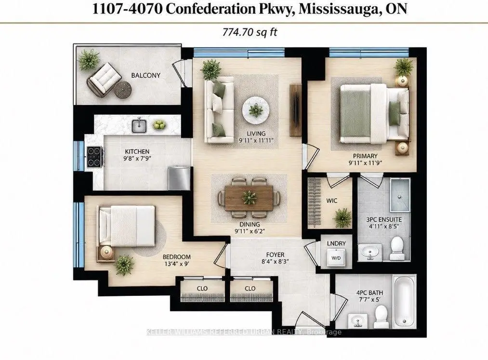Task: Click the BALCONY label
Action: pos(145,75)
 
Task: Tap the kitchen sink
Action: pos(139,125)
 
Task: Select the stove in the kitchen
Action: pos(95,157)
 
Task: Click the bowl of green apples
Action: pos(159,125)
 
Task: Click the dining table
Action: pos(249,198)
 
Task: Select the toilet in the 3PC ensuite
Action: pos(397,248)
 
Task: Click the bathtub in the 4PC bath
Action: pos(404,302)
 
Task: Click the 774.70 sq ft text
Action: pos(250,32)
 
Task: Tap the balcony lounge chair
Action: pos(104,80)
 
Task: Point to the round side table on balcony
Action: pos(123,90)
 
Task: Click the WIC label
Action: pos(332,200)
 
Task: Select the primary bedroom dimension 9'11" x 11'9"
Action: pos(365,162)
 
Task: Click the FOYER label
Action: pos(275,255)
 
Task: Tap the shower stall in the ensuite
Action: pos(400,196)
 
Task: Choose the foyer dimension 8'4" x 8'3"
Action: pos(275,262)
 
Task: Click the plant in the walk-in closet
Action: pos(342,217)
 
